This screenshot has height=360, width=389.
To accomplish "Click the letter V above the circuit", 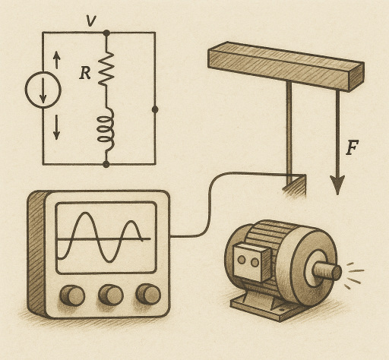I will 91,21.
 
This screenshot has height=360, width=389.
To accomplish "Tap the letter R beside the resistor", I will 85,74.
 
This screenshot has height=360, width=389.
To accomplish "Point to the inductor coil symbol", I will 106,126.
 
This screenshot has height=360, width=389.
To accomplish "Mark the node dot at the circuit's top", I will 106,33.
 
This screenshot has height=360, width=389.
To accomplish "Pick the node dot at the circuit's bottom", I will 106,163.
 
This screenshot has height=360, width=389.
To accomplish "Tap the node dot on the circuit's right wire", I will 155,109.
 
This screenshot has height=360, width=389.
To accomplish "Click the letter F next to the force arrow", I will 352,147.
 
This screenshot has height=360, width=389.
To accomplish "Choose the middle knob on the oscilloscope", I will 111,294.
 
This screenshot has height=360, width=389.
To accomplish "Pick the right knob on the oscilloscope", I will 147,293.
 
